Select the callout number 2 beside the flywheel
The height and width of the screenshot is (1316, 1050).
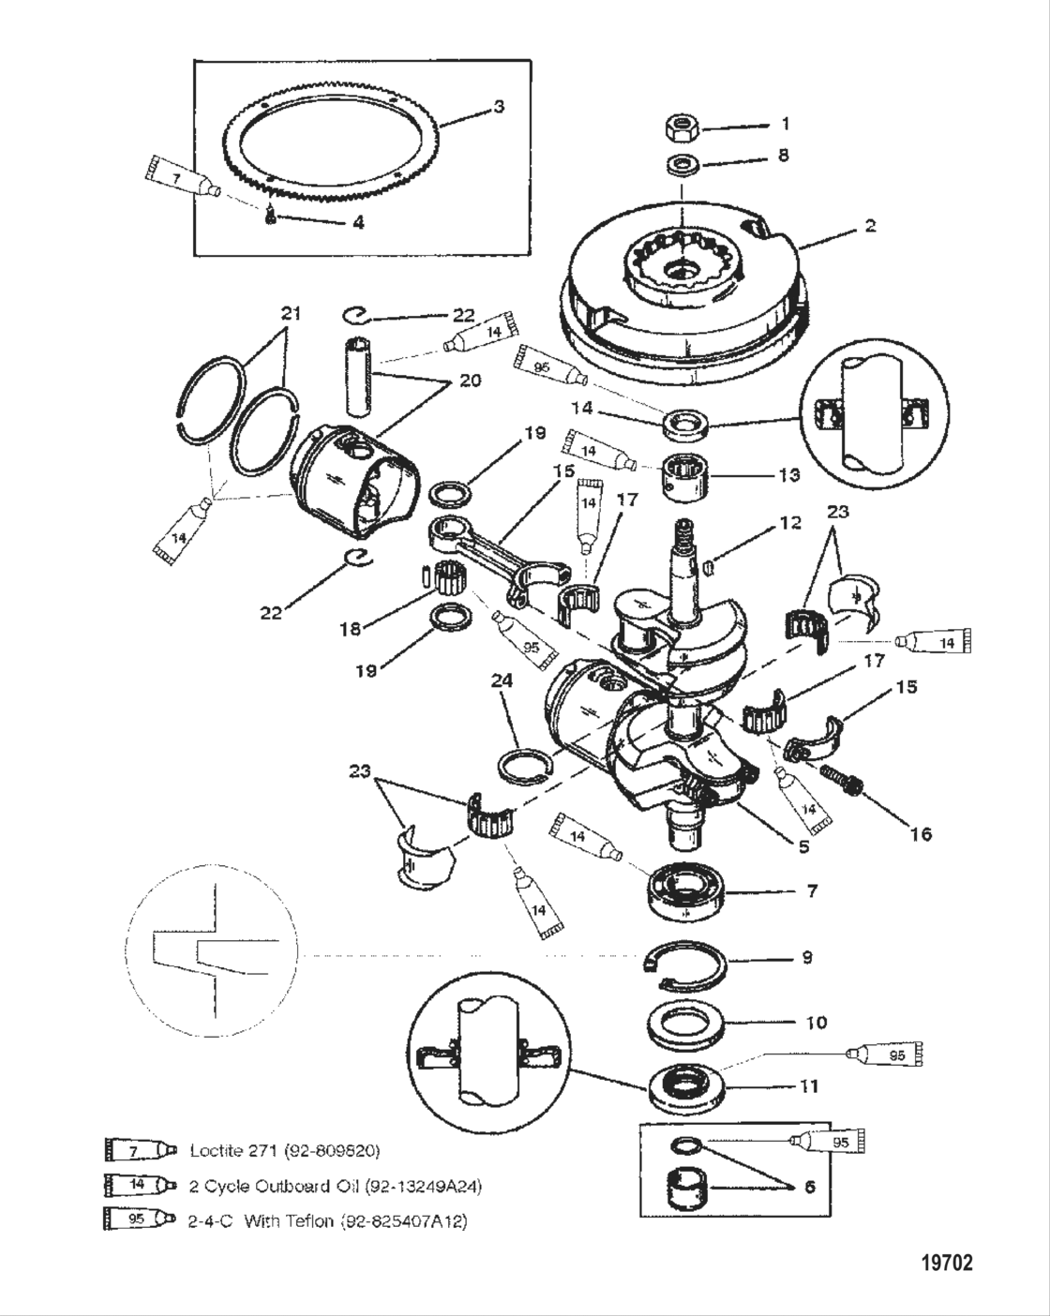coord(870,226)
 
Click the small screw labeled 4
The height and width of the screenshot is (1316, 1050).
coord(268,217)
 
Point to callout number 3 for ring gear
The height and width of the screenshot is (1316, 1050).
coord(499,107)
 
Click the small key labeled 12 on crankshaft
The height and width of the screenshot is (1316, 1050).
coord(709,567)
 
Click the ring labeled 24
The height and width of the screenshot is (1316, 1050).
coord(521,765)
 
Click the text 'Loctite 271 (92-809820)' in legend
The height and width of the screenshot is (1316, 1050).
coord(284,1150)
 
